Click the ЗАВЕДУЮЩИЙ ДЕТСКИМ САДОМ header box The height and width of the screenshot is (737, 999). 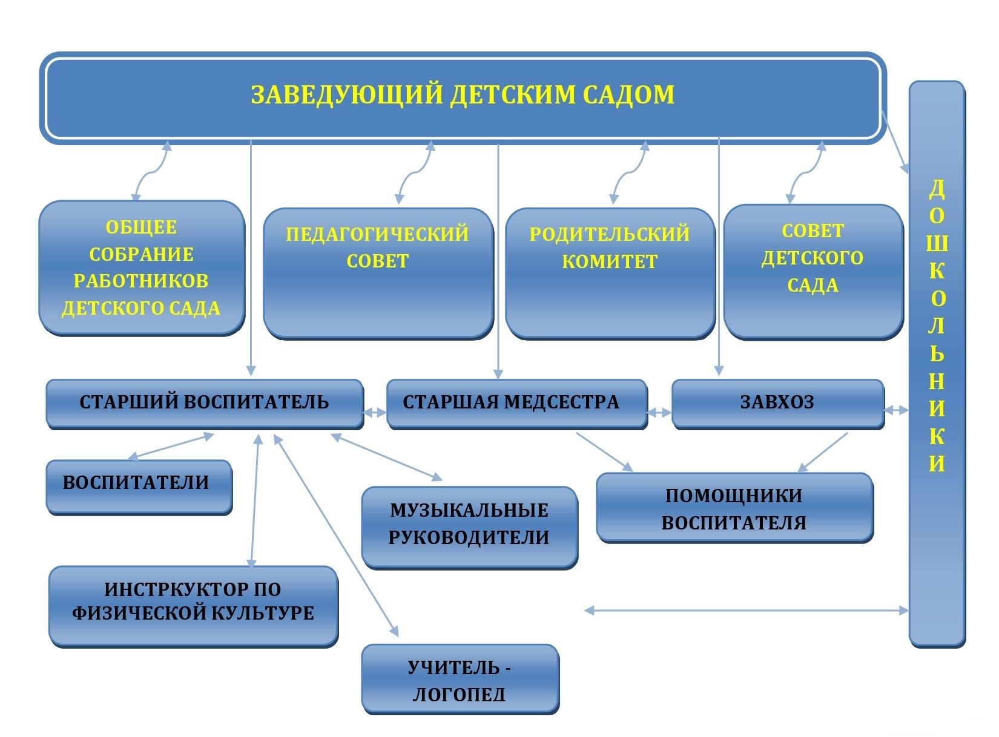pos(463,97)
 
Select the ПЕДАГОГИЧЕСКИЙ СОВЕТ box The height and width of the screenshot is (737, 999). pos(377,273)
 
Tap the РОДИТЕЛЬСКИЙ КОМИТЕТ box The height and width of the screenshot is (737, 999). pos(610,273)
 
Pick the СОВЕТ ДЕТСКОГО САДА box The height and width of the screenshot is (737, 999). pos(813,271)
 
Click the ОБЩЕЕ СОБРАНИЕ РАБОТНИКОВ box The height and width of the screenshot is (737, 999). pos(142,268)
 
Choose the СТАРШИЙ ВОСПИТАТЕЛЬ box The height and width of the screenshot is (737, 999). pos(205,404)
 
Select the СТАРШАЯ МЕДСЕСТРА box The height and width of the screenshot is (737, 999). pos(517,404)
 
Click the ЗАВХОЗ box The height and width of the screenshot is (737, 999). pos(778,404)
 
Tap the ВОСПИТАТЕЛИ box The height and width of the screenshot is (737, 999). pos(139,487)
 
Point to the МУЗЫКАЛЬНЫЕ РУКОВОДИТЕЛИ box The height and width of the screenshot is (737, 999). pos(469,528)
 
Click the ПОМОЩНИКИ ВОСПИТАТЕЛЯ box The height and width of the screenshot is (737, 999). pos(734,508)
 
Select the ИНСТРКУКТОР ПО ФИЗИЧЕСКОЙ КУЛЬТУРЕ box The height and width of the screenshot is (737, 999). pos(193,606)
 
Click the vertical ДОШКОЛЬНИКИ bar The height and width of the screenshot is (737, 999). pos(937,364)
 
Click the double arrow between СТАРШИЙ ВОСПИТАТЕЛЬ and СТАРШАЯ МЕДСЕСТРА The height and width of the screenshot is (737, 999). pos(375,413)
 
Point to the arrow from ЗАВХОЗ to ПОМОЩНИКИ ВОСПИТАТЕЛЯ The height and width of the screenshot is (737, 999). pos(822,453)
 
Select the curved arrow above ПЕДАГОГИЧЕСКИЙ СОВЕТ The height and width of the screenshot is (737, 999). pos(415,172)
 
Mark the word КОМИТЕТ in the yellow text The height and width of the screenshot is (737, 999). pos(610,261)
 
